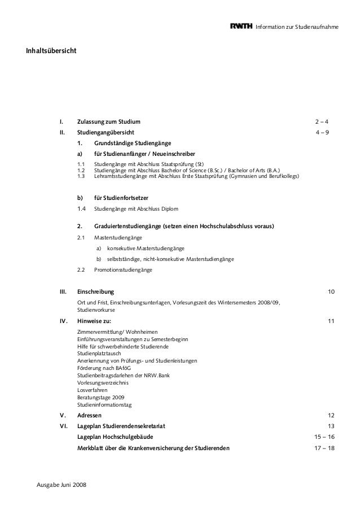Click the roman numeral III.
[63, 291]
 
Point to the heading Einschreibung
[95, 291]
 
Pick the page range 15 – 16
[324, 437]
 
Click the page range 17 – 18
[324, 448]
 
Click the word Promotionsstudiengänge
[123, 270]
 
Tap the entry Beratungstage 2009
[101, 397]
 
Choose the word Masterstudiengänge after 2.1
[118, 238]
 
